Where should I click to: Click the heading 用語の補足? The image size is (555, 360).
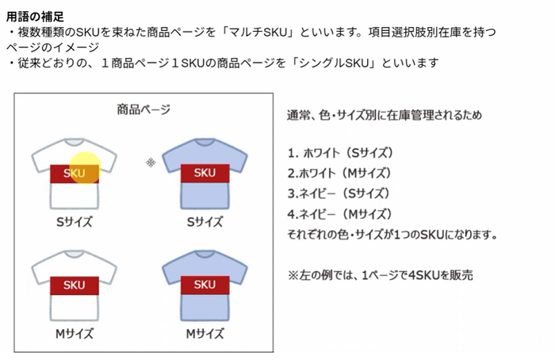point(35,17)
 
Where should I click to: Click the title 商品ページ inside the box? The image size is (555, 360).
point(144,109)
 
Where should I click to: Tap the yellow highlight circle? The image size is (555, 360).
point(85,168)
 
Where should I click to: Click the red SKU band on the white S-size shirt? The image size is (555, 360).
point(75,174)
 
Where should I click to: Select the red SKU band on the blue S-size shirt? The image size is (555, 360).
point(205,173)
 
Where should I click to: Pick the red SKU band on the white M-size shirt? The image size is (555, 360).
point(75,285)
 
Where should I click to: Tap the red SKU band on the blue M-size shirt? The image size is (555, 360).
point(205,285)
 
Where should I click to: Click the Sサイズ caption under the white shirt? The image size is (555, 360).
point(75,222)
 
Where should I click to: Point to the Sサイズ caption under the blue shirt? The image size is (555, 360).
point(205,222)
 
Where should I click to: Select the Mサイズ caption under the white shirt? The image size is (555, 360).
point(75,334)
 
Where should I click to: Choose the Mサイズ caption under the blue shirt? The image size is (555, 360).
point(205,334)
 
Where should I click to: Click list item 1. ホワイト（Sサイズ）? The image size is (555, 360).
point(340,153)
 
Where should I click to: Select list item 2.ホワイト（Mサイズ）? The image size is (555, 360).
point(339,173)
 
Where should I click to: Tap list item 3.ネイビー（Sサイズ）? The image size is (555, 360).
point(339,193)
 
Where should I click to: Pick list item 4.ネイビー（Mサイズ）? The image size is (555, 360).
point(340,214)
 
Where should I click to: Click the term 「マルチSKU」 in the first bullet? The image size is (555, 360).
point(257,33)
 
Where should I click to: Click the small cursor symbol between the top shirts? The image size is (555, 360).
point(151,163)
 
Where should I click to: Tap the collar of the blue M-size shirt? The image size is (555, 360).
point(205,255)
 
